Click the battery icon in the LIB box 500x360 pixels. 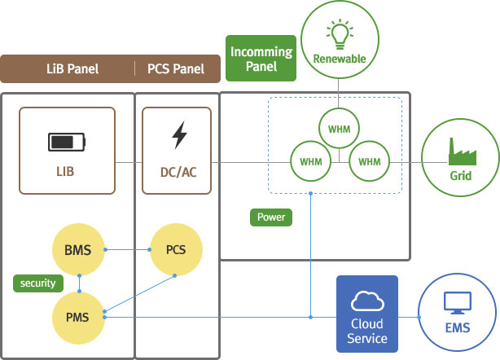point(66,143)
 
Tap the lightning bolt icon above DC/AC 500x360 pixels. point(178,136)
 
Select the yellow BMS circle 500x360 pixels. point(78,248)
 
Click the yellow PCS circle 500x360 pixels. point(176,248)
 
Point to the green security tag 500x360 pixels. point(37,283)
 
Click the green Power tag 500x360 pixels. point(270,217)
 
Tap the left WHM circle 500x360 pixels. point(310,161)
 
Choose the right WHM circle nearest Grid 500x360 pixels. point(368,161)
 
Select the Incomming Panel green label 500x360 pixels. point(262,58)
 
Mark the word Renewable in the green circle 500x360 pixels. point(340,59)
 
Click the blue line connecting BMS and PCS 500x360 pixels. point(127,248)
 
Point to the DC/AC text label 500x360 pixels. point(178,172)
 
